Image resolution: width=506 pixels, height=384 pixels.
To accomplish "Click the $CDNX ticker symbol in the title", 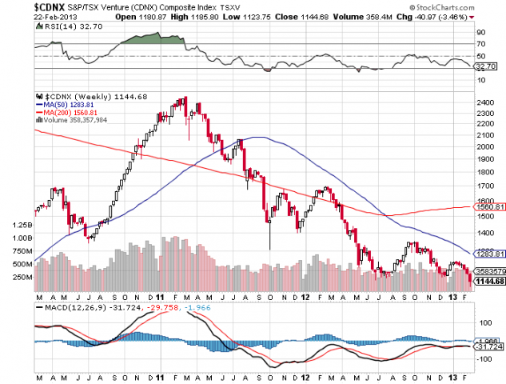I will [50, 6].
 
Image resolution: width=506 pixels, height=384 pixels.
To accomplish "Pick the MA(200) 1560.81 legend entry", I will [67, 112].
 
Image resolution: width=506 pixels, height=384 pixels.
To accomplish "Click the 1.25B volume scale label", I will [22, 226].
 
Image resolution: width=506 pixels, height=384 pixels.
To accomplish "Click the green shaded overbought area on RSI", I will [152, 38].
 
